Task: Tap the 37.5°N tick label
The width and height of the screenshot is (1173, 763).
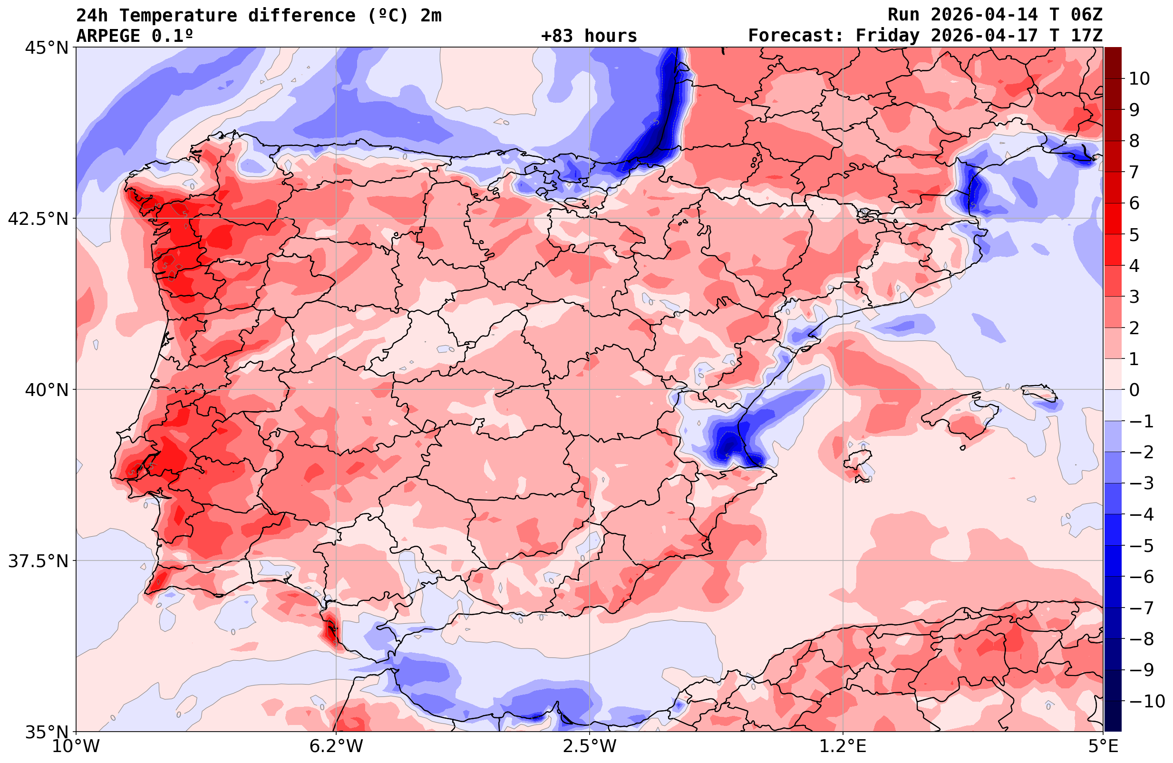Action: coord(38,561)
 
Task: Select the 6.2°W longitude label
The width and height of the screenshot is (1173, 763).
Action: coord(336,746)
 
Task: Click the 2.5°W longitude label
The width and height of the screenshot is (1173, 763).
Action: coord(590,746)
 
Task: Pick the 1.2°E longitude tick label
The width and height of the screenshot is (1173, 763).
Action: coord(843,746)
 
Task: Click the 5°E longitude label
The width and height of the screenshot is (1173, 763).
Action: coord(1103,746)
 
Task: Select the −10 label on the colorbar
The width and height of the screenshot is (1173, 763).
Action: coord(1147,701)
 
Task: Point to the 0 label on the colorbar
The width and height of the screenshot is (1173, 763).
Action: coord(1134,390)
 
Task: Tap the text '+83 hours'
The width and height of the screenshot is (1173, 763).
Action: coord(589,36)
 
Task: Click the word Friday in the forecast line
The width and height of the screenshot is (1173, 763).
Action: coord(887,36)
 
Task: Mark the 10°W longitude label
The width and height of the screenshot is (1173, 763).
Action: coord(76,746)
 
